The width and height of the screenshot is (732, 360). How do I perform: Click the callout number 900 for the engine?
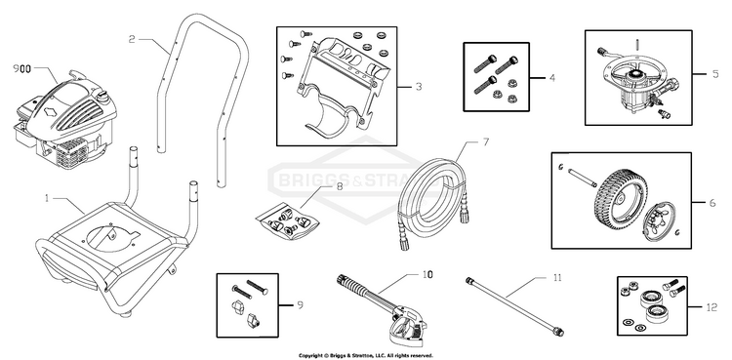point(21,69)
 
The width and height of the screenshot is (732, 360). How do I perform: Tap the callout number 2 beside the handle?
point(132,40)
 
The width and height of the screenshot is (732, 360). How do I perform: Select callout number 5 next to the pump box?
point(715,74)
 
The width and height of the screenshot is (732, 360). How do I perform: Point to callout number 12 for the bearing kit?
point(712,307)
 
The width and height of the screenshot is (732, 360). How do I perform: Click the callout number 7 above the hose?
point(485,141)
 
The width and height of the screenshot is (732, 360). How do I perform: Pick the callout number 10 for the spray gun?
point(427,274)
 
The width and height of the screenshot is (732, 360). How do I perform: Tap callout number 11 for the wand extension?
point(557,278)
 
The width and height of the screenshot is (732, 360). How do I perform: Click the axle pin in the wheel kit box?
point(583,178)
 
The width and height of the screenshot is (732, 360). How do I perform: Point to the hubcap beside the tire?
point(659,221)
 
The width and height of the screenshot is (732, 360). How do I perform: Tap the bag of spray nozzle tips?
point(289,220)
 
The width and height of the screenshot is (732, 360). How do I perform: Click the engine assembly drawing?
point(64,120)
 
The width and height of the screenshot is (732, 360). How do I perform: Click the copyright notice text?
point(366,356)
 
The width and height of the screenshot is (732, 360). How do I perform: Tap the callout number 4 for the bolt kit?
point(552,78)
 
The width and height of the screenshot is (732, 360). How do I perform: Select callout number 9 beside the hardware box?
point(301,305)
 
